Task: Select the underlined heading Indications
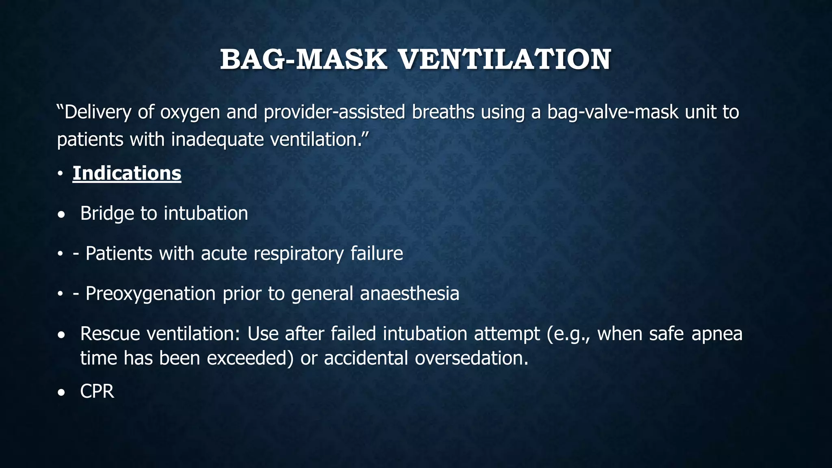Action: (x=127, y=173)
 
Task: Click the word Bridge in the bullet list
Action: (x=107, y=213)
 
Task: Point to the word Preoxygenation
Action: (x=150, y=294)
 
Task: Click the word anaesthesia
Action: (x=409, y=294)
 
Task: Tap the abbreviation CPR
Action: (x=97, y=392)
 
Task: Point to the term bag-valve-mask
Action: (x=613, y=113)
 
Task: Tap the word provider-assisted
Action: (x=334, y=113)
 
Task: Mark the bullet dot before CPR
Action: (x=61, y=393)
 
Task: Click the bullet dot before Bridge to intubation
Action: (x=61, y=214)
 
